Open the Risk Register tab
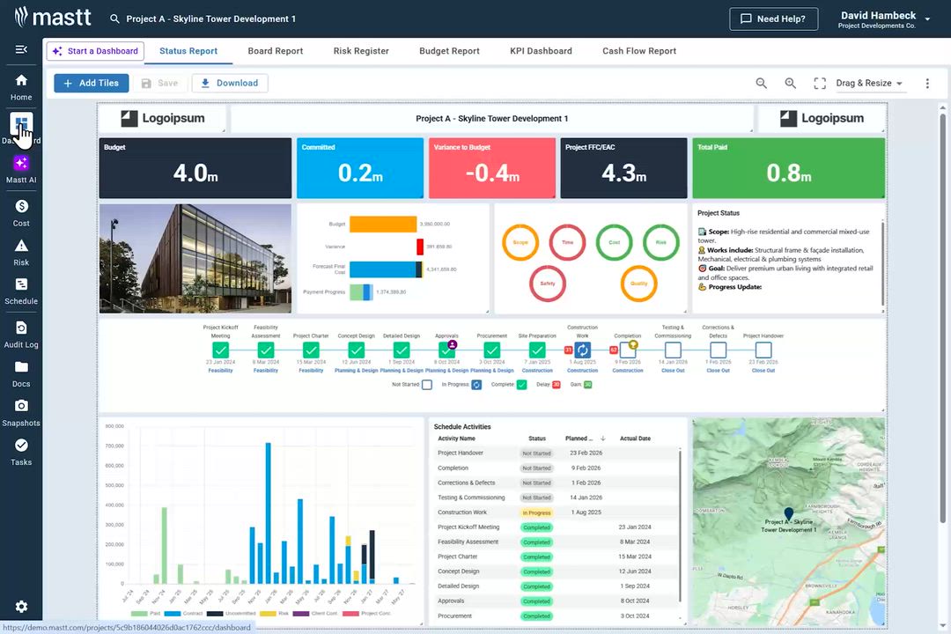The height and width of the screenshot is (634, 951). pyautogui.click(x=361, y=51)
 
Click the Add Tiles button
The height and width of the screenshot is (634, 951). pyautogui.click(x=92, y=83)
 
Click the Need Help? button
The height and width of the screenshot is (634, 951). pyautogui.click(x=773, y=18)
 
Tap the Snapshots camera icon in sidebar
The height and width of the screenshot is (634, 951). pyautogui.click(x=21, y=405)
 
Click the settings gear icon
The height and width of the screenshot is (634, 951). pyautogui.click(x=21, y=607)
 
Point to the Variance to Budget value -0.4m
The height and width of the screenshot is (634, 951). pyautogui.click(x=491, y=173)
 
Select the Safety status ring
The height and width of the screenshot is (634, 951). pyautogui.click(x=547, y=284)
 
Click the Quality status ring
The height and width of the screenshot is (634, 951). pyautogui.click(x=638, y=284)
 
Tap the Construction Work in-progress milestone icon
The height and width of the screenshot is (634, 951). pyautogui.click(x=582, y=350)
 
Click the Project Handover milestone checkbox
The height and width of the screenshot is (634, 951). pyautogui.click(x=763, y=350)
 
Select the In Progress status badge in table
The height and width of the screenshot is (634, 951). pyautogui.click(x=536, y=512)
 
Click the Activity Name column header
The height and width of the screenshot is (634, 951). pyautogui.click(x=456, y=439)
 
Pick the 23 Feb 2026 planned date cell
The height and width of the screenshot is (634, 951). pyautogui.click(x=585, y=453)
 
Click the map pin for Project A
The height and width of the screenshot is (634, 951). pyautogui.click(x=788, y=513)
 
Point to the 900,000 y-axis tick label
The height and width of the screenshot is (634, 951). pyautogui.click(x=114, y=426)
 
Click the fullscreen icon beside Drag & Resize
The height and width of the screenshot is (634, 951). pyautogui.click(x=820, y=83)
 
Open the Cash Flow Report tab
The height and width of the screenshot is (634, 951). pyautogui.click(x=639, y=51)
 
